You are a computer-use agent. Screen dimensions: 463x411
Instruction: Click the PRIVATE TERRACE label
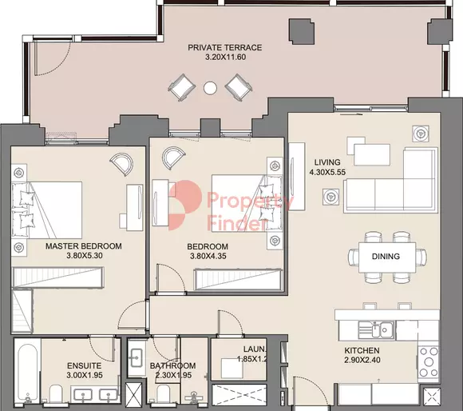click(224, 48)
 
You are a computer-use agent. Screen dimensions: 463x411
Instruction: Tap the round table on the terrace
click(210, 87)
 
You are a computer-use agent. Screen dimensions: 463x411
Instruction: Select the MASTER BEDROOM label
click(84, 246)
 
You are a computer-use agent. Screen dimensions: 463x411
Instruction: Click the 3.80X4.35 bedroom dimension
click(208, 256)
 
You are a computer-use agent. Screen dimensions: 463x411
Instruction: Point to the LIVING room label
click(327, 162)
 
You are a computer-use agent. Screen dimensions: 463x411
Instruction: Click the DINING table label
click(386, 257)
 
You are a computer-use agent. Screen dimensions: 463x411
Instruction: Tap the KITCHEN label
click(362, 351)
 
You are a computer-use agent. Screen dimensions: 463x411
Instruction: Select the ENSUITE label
click(84, 365)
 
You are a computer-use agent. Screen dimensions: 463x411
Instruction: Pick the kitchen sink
click(376, 330)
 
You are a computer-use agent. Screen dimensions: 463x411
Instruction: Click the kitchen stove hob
click(429, 362)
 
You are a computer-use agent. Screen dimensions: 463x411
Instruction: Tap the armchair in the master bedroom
click(121, 163)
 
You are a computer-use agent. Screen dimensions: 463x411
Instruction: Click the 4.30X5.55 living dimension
click(327, 172)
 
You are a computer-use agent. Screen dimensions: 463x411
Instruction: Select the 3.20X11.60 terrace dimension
click(226, 57)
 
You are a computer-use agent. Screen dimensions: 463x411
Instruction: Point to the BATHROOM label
click(172, 365)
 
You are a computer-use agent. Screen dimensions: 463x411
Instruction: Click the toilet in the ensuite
click(56, 394)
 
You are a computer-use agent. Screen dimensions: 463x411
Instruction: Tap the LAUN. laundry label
click(255, 349)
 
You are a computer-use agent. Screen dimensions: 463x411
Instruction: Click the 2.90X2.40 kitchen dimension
click(362, 360)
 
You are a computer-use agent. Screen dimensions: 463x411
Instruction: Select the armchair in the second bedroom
click(174, 158)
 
